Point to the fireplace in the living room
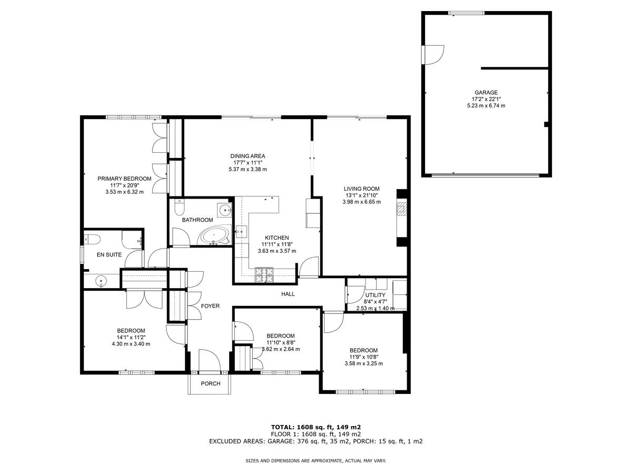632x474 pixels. click(402, 209)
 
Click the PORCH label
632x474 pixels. click(210, 383)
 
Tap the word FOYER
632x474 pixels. click(210, 306)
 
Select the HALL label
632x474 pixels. click(288, 294)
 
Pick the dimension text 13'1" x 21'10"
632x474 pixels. click(361, 195)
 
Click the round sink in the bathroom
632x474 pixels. click(225, 210)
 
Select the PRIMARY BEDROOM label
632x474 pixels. click(124, 179)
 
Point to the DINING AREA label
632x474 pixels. click(248, 156)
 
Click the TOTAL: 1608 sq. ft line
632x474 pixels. click(315, 427)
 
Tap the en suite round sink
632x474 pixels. click(101, 281)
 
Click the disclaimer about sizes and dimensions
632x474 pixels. click(315, 461)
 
